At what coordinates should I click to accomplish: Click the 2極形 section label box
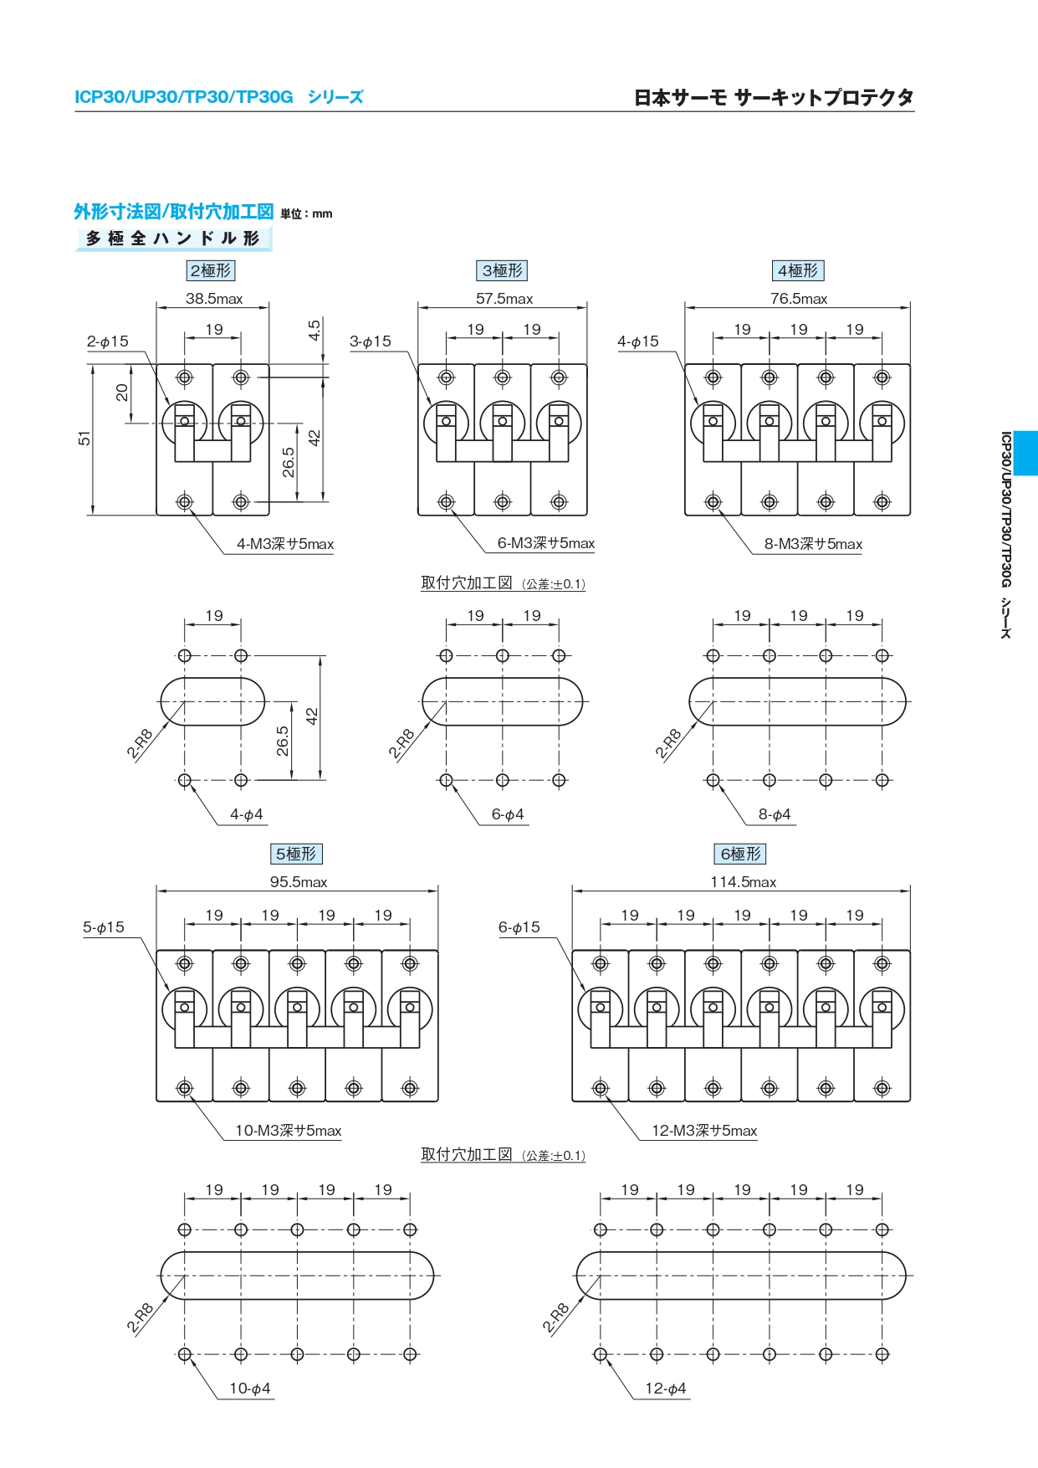[211, 270]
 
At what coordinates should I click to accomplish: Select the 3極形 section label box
[502, 270]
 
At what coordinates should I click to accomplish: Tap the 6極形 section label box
[741, 854]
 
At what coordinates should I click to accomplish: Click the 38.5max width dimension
[214, 299]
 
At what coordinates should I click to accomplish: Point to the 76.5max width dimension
[798, 299]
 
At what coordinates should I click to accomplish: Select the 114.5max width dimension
[743, 882]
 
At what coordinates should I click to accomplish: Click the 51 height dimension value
[84, 439]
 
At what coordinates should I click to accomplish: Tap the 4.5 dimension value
[314, 330]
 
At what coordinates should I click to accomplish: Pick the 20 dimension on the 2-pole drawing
[123, 393]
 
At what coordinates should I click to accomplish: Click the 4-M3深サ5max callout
[284, 544]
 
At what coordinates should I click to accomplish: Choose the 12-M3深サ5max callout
[704, 1131]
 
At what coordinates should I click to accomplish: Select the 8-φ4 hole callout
[775, 814]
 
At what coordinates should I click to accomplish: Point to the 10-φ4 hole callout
[249, 1388]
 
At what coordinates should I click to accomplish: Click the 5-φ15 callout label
[104, 927]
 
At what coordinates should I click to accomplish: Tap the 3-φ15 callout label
[371, 341]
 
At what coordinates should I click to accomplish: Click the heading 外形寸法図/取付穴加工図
[174, 212]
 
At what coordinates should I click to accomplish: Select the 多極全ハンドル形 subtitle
[173, 239]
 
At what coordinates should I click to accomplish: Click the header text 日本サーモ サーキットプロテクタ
[774, 98]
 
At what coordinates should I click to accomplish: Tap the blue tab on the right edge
[1025, 453]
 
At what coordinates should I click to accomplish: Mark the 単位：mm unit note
[306, 214]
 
